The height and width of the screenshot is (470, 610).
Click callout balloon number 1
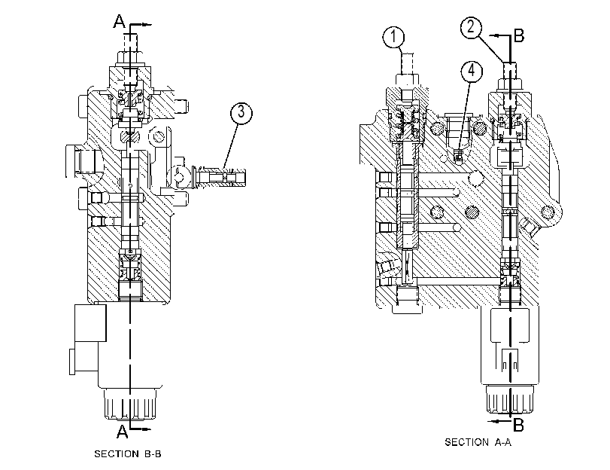pyautogui.click(x=393, y=37)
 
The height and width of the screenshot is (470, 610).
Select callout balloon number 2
pyautogui.click(x=471, y=27)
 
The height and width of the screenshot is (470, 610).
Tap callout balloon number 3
pyautogui.click(x=241, y=113)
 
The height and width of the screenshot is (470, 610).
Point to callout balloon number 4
pyautogui.click(x=472, y=72)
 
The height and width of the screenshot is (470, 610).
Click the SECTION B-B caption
pyautogui.click(x=128, y=453)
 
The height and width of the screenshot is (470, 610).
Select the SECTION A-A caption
pyautogui.click(x=478, y=442)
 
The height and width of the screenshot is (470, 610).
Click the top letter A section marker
pyautogui.click(x=120, y=21)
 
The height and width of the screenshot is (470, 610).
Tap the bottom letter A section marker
pyautogui.click(x=122, y=432)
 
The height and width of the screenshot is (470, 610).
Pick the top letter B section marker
pyautogui.click(x=519, y=36)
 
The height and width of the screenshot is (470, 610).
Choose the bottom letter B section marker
pyautogui.click(x=518, y=425)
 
